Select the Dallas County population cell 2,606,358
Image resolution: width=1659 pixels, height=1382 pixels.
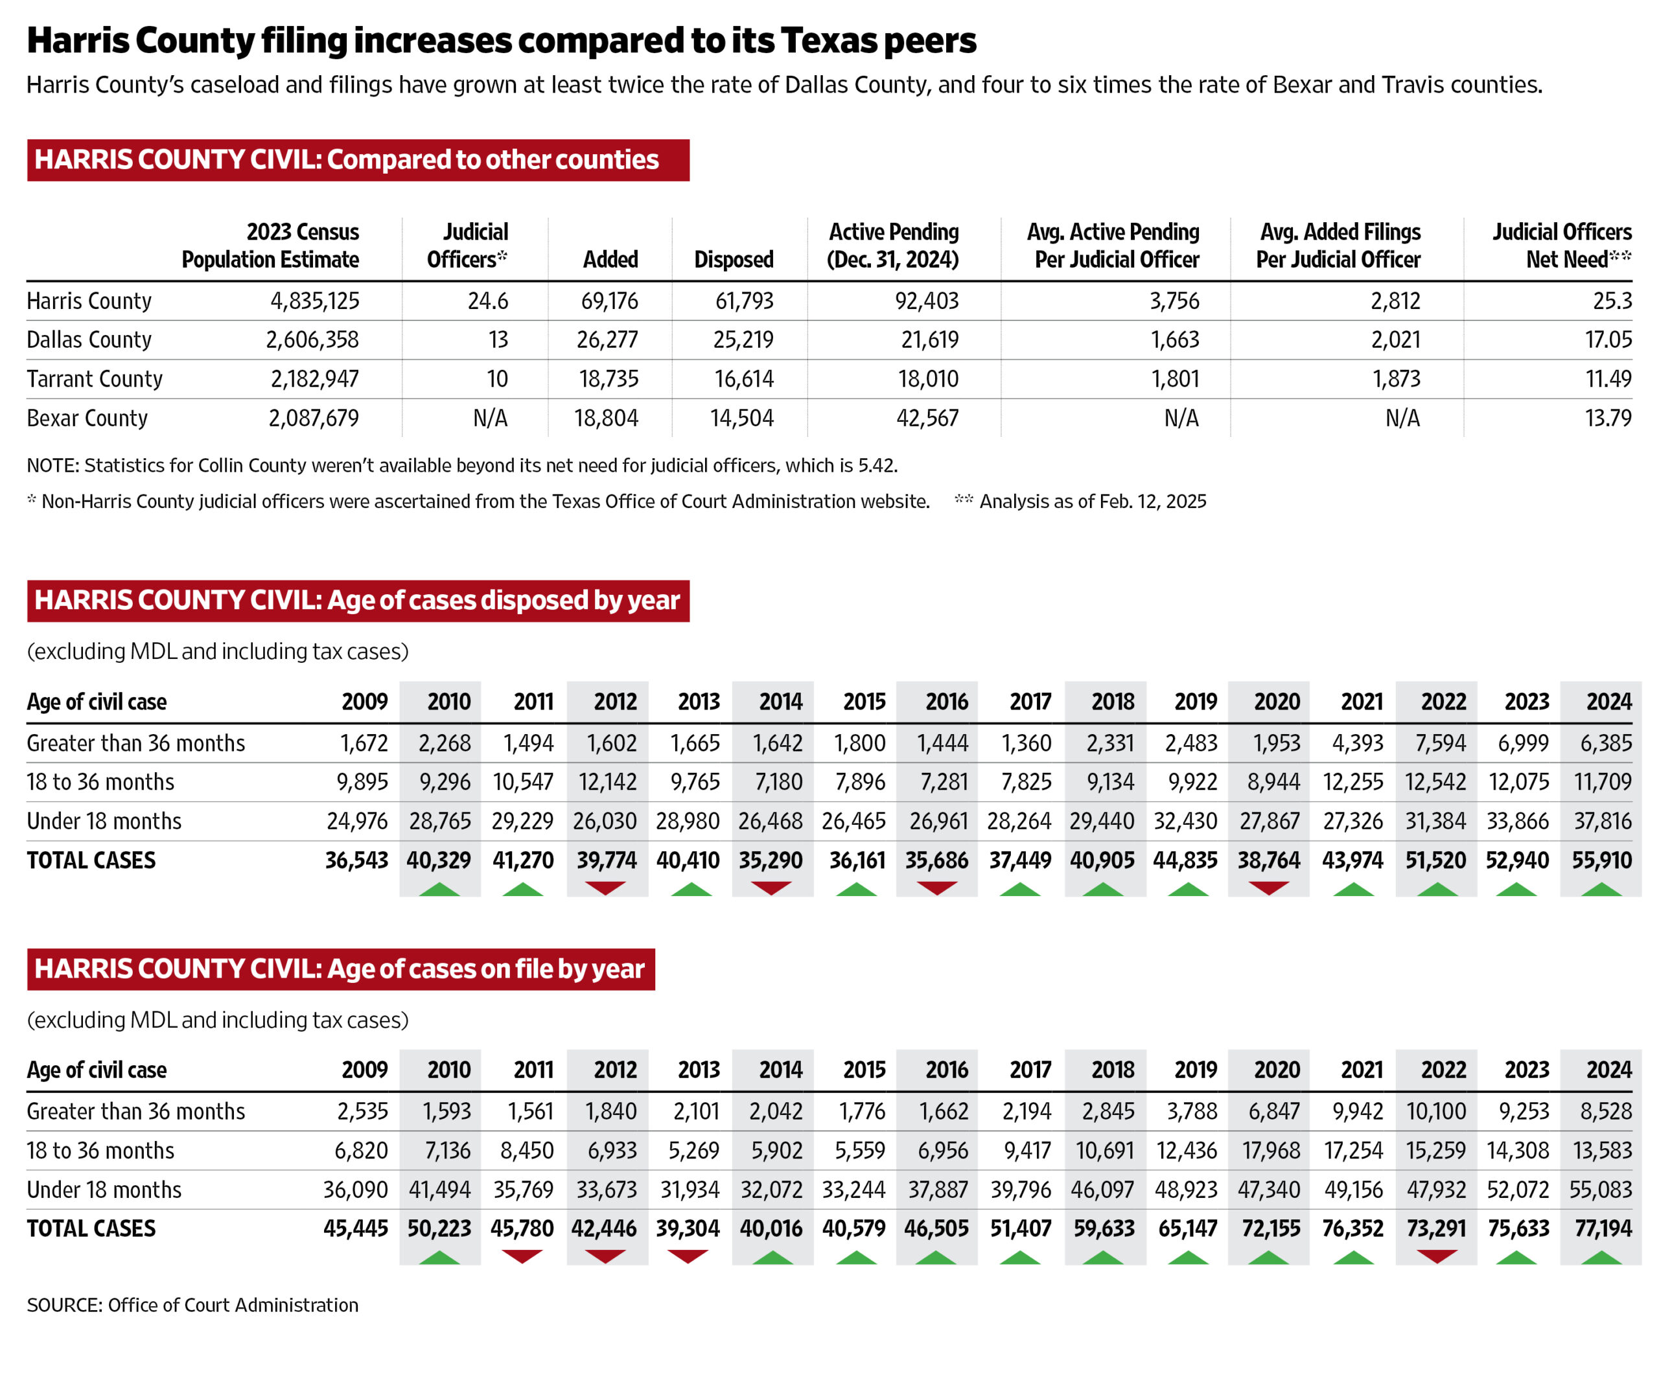point(312,340)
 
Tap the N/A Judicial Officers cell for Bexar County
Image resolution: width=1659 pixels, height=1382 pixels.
point(490,418)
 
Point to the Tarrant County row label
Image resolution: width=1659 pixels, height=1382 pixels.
point(95,379)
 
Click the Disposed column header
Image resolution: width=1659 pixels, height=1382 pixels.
point(733,259)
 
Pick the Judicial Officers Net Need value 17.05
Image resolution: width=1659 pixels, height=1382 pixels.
point(1608,340)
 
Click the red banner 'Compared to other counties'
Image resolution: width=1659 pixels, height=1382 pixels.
point(358,160)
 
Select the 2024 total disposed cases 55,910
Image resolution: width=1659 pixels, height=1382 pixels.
point(1601,860)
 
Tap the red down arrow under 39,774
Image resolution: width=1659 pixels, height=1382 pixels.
point(606,888)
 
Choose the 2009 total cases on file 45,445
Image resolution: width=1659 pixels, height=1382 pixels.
point(356,1229)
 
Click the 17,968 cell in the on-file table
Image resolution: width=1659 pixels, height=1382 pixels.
point(1270,1151)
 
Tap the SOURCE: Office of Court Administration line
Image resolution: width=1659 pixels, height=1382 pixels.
point(192,1306)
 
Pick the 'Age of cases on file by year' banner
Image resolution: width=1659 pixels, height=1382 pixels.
point(340,969)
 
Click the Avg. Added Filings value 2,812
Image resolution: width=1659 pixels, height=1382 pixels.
point(1395,301)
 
